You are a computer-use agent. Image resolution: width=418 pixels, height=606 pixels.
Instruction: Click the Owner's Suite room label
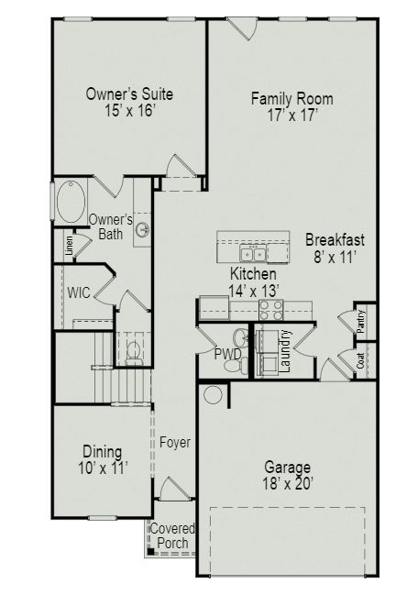pyautogui.click(x=129, y=94)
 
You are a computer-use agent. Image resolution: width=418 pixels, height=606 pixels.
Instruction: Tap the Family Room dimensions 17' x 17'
pyautogui.click(x=291, y=116)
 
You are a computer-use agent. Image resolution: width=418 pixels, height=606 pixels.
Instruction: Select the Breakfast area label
pyautogui.click(x=335, y=240)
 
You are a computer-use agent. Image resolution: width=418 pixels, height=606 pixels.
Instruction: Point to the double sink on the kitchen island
pyautogui.click(x=253, y=253)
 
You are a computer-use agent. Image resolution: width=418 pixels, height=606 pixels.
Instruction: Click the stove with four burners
pyautogui.click(x=271, y=311)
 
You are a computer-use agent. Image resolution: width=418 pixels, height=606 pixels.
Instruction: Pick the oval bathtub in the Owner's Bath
pyautogui.click(x=70, y=202)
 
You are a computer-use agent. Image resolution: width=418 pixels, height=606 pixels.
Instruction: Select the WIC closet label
pyautogui.click(x=78, y=293)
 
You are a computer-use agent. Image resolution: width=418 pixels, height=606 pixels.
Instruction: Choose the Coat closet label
pyautogui.click(x=360, y=360)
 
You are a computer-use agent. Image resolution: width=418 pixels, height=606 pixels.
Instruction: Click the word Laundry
pyautogui.click(x=285, y=351)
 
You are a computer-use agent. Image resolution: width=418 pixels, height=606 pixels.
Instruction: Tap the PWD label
pyautogui.click(x=226, y=353)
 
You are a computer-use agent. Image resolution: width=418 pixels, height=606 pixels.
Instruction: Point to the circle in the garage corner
pyautogui.click(x=214, y=394)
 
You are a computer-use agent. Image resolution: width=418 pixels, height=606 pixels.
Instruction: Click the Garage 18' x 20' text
pyautogui.click(x=287, y=474)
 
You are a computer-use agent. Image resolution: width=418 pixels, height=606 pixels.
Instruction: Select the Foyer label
pyautogui.click(x=174, y=443)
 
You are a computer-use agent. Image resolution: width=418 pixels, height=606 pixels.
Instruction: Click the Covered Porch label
pyautogui.click(x=171, y=536)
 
